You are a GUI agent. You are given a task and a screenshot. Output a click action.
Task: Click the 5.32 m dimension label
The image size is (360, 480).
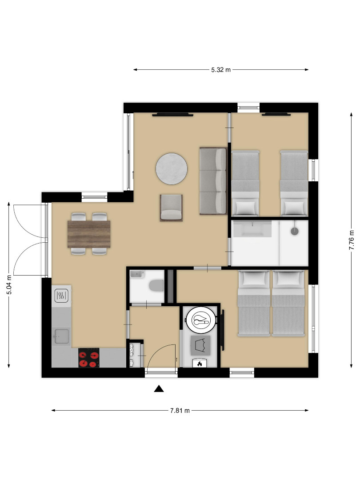click(x=221, y=70)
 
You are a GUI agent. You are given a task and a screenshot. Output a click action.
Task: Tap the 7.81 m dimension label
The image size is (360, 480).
click(x=180, y=411)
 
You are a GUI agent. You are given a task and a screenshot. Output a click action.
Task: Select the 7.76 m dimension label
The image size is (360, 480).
click(x=352, y=240)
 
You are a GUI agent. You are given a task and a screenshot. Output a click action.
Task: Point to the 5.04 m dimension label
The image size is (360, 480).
click(x=9, y=285)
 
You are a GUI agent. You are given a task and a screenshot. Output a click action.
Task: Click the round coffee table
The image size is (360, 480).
click(x=172, y=169)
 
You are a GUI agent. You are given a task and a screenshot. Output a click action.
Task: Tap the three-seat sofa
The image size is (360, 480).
click(x=213, y=181)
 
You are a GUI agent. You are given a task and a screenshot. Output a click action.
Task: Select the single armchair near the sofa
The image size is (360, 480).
click(x=172, y=208)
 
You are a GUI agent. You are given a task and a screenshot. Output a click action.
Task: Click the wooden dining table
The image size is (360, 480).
click(x=89, y=234)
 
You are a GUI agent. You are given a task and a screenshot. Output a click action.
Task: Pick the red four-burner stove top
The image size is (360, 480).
click(x=89, y=357)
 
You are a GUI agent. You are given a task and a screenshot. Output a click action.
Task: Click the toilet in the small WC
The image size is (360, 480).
click(x=156, y=286)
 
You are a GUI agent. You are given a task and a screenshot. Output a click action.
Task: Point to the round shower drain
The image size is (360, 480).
click(x=295, y=231)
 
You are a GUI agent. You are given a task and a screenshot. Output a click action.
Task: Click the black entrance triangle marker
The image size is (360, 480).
click(x=159, y=389)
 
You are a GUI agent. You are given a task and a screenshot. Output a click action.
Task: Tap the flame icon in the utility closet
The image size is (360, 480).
click(x=200, y=364)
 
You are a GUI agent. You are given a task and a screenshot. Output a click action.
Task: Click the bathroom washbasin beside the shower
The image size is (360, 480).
click(x=252, y=229)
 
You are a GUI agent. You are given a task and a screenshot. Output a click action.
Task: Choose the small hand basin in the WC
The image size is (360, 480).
click(x=137, y=274)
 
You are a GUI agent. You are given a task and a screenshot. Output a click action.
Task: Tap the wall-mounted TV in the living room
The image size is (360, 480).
click(x=173, y=115)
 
